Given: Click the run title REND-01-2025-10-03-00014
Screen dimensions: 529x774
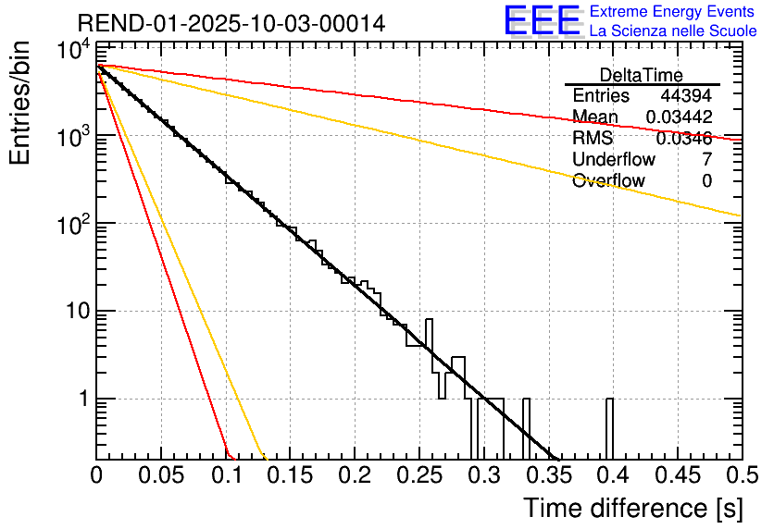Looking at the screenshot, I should [x=231, y=23].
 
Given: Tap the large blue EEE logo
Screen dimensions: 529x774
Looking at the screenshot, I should [x=542, y=21].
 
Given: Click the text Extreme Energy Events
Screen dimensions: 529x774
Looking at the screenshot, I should [x=673, y=12].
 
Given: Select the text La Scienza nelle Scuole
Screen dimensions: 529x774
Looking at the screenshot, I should [x=673, y=31].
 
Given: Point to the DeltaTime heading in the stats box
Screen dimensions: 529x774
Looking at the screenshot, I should [x=641, y=75].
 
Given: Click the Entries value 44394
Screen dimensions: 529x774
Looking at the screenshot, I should [x=686, y=96].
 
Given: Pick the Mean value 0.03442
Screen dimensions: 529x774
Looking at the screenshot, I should [x=679, y=117].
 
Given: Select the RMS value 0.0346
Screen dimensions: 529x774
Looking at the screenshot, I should [x=683, y=139].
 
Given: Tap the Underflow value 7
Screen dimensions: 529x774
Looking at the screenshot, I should [x=706, y=160].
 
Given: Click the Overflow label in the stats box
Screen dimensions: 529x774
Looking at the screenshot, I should [x=608, y=181].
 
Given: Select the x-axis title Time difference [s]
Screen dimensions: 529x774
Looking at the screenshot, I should [x=631, y=508].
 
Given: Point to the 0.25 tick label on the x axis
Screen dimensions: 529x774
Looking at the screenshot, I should [x=418, y=475].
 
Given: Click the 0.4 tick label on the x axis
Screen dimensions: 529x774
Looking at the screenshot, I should [x=611, y=475].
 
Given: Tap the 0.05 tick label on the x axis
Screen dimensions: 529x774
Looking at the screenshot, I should [x=161, y=475].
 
